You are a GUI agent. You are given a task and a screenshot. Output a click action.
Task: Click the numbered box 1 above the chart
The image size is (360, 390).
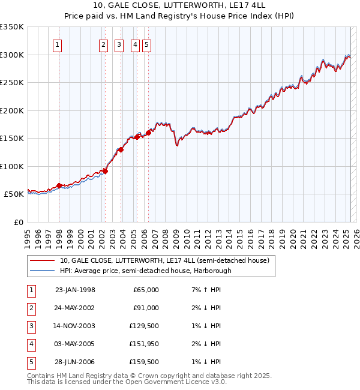point(57,44)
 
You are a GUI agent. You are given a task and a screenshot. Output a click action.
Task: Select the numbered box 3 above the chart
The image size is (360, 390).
point(119,44)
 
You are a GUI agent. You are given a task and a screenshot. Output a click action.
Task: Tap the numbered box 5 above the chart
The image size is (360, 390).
point(146,44)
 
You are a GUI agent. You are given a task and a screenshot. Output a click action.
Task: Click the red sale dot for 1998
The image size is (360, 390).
point(59,185)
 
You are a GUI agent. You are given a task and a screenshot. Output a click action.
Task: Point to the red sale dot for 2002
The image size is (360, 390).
point(105,171)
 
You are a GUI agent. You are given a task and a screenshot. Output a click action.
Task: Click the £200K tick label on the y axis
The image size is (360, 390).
point(12,110)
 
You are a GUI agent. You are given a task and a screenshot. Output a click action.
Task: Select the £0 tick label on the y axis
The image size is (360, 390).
point(18,222)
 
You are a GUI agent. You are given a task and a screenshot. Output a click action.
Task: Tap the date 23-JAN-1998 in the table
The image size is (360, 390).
point(75,290)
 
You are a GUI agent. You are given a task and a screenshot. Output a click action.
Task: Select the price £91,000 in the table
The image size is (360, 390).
point(146,308)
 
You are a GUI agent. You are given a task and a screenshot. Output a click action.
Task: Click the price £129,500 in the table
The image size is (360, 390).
point(145,326)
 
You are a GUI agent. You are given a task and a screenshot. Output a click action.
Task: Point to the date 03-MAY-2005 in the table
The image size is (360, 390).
point(75,344)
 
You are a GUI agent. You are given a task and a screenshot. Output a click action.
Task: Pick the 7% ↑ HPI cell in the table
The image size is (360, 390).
point(205,290)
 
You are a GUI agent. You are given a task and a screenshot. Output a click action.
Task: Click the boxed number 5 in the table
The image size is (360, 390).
point(31,362)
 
